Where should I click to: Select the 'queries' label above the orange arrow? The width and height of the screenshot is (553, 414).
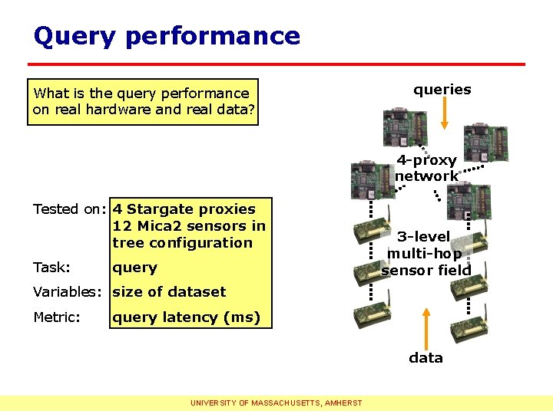click(x=442, y=90)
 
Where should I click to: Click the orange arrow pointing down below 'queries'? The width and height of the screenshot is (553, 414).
click(x=443, y=115)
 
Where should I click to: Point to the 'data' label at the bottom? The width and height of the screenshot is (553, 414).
click(x=426, y=357)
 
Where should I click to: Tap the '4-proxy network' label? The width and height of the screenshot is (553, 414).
click(x=426, y=168)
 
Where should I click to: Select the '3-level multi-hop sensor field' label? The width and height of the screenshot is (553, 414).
click(x=426, y=253)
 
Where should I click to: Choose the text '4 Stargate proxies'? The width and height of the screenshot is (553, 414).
click(x=184, y=209)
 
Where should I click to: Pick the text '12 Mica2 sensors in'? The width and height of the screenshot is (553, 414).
click(x=189, y=226)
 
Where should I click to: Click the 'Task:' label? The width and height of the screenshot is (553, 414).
click(x=51, y=268)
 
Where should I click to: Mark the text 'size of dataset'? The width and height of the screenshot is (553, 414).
click(x=169, y=292)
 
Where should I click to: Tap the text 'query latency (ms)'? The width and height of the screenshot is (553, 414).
click(x=186, y=317)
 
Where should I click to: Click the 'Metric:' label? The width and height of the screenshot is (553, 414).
click(x=57, y=317)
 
